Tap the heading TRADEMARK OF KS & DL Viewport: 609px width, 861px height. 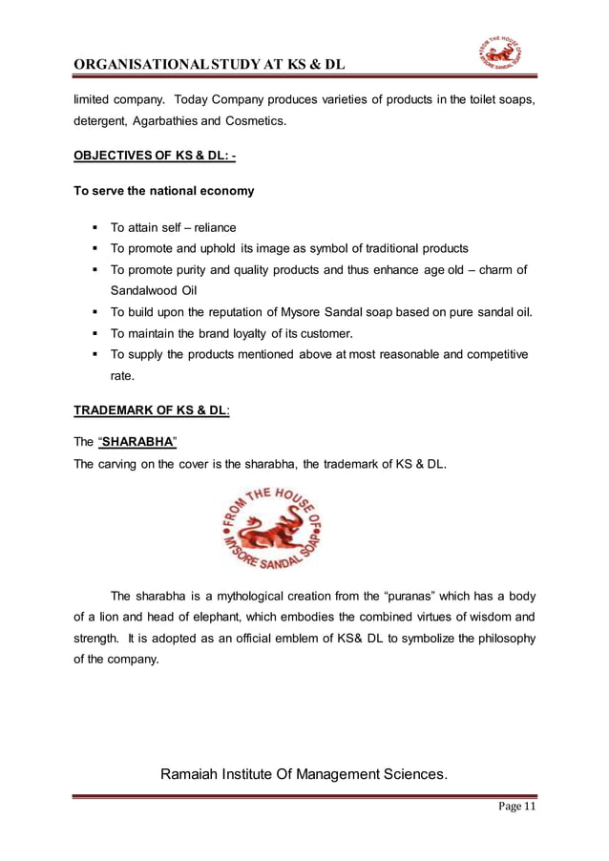point(152,410)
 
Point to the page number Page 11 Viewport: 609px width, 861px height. point(515,808)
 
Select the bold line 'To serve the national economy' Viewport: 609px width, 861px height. point(164,191)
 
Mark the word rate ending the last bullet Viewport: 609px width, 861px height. point(122,375)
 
